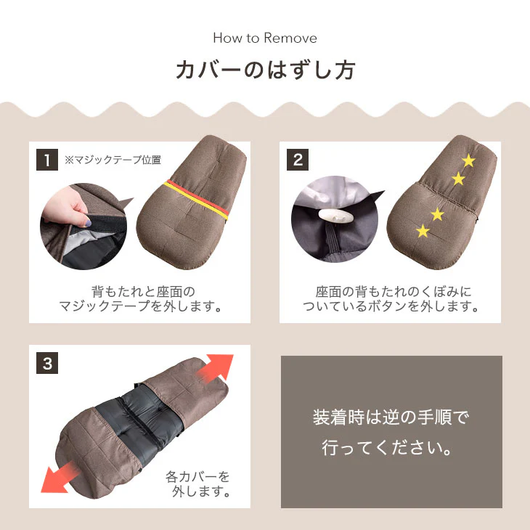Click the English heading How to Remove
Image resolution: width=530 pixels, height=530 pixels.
265,38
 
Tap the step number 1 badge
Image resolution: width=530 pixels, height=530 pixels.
47,160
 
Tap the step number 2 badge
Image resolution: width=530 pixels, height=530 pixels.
298,160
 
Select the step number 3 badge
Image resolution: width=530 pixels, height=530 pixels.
47,363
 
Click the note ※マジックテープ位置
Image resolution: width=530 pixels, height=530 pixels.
113,160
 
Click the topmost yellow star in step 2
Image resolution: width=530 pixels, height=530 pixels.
468,160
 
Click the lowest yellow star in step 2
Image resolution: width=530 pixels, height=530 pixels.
423,232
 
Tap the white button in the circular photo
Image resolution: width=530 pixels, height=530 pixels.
334,216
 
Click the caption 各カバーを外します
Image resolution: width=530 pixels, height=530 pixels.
197,484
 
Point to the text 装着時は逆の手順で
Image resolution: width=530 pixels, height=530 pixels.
391,418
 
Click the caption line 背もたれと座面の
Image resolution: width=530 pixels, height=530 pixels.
139,291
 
